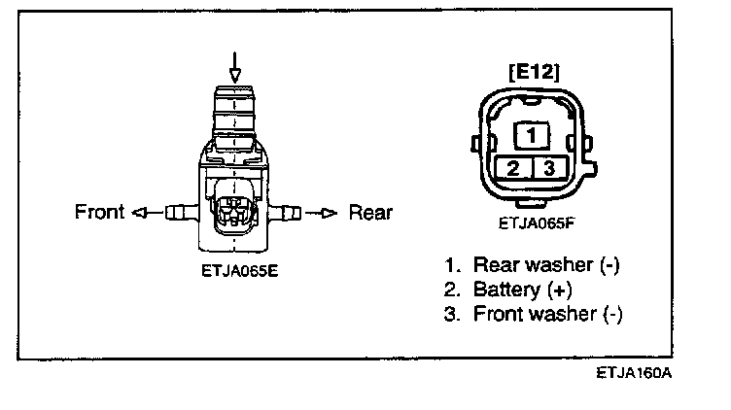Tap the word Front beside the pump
(x=101, y=212)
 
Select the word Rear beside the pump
(x=369, y=212)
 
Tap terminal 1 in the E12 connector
(x=532, y=133)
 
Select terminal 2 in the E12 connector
(x=513, y=167)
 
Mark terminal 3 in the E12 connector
(x=549, y=167)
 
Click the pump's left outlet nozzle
(x=181, y=211)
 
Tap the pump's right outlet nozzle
(x=285, y=211)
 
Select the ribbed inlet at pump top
(x=233, y=112)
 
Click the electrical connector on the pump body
(x=233, y=207)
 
